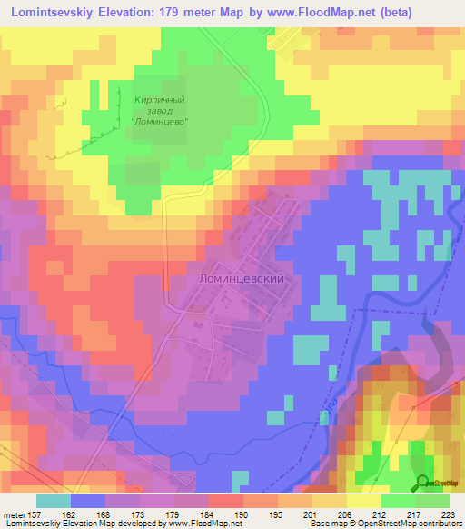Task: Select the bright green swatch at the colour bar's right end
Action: click(x=433, y=501)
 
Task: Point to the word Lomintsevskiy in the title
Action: click(x=61, y=13)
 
